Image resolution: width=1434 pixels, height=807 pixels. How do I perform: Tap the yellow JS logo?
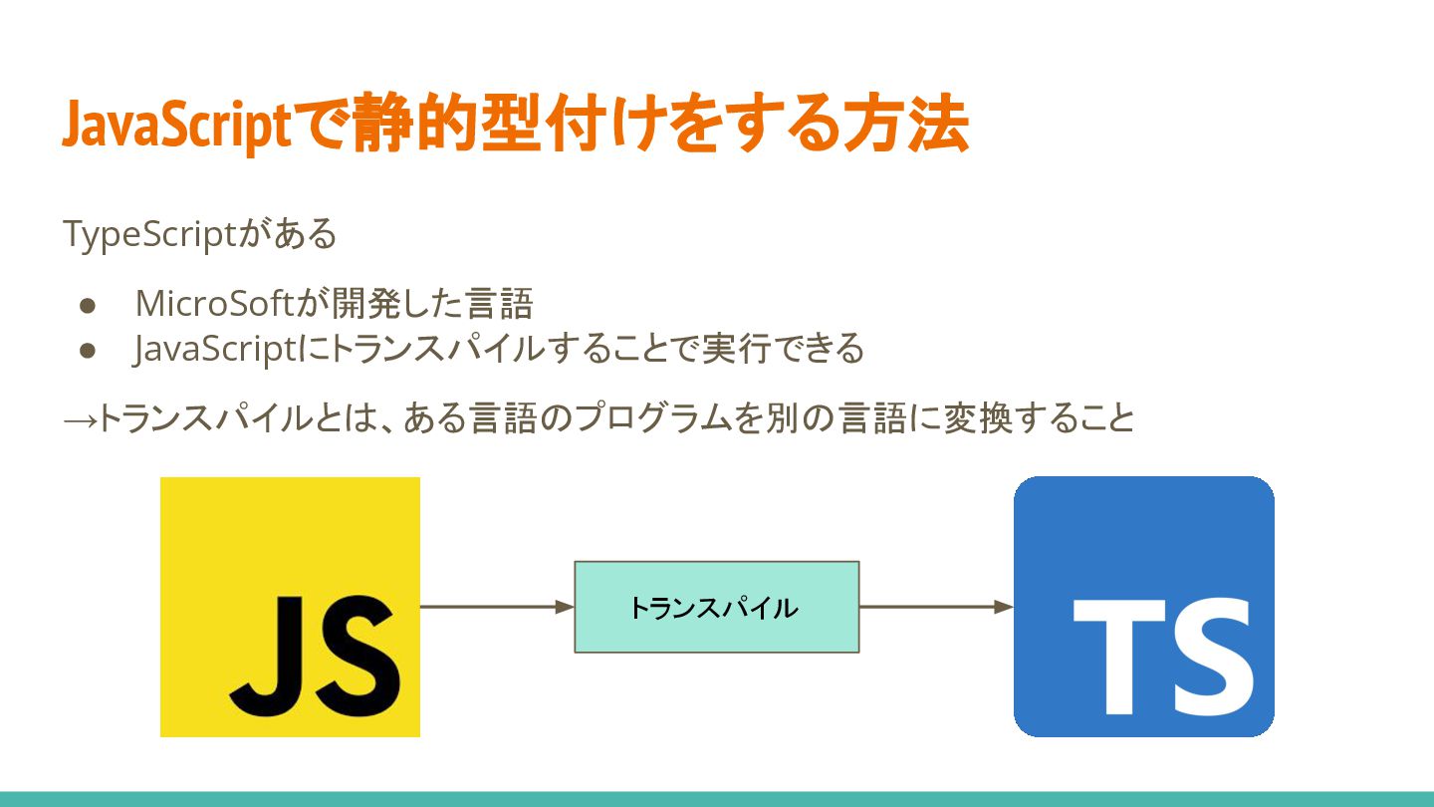[290, 607]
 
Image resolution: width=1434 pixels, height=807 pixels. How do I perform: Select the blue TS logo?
[1143, 607]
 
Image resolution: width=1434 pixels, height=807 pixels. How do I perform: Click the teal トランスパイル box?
[716, 607]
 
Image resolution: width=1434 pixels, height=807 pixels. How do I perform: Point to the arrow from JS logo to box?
[497, 607]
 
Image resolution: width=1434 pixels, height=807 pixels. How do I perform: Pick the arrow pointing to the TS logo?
[935, 607]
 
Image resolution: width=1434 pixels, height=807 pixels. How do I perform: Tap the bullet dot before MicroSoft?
[87, 304]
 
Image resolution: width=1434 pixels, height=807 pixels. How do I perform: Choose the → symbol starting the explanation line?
[80, 419]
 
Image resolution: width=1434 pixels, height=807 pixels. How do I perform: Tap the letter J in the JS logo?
[268, 648]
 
